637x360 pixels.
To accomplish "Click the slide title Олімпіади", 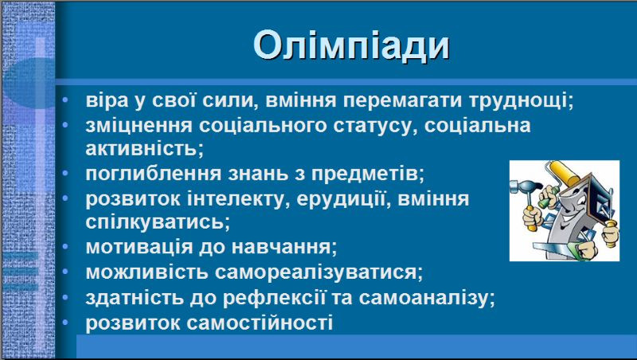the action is (351, 45).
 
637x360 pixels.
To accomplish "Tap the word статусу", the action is (374, 126).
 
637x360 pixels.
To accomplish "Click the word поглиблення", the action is (153, 174).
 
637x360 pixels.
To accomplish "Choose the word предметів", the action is (368, 174).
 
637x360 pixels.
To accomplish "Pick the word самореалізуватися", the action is (319, 272).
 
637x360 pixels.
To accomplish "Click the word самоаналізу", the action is (427, 298).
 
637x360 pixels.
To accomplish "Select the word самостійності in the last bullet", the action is (260, 323).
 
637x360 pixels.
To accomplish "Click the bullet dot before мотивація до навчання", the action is (65, 247).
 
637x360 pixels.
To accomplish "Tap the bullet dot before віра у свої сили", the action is (65, 100).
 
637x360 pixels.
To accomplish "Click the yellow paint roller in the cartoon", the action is (564, 172).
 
